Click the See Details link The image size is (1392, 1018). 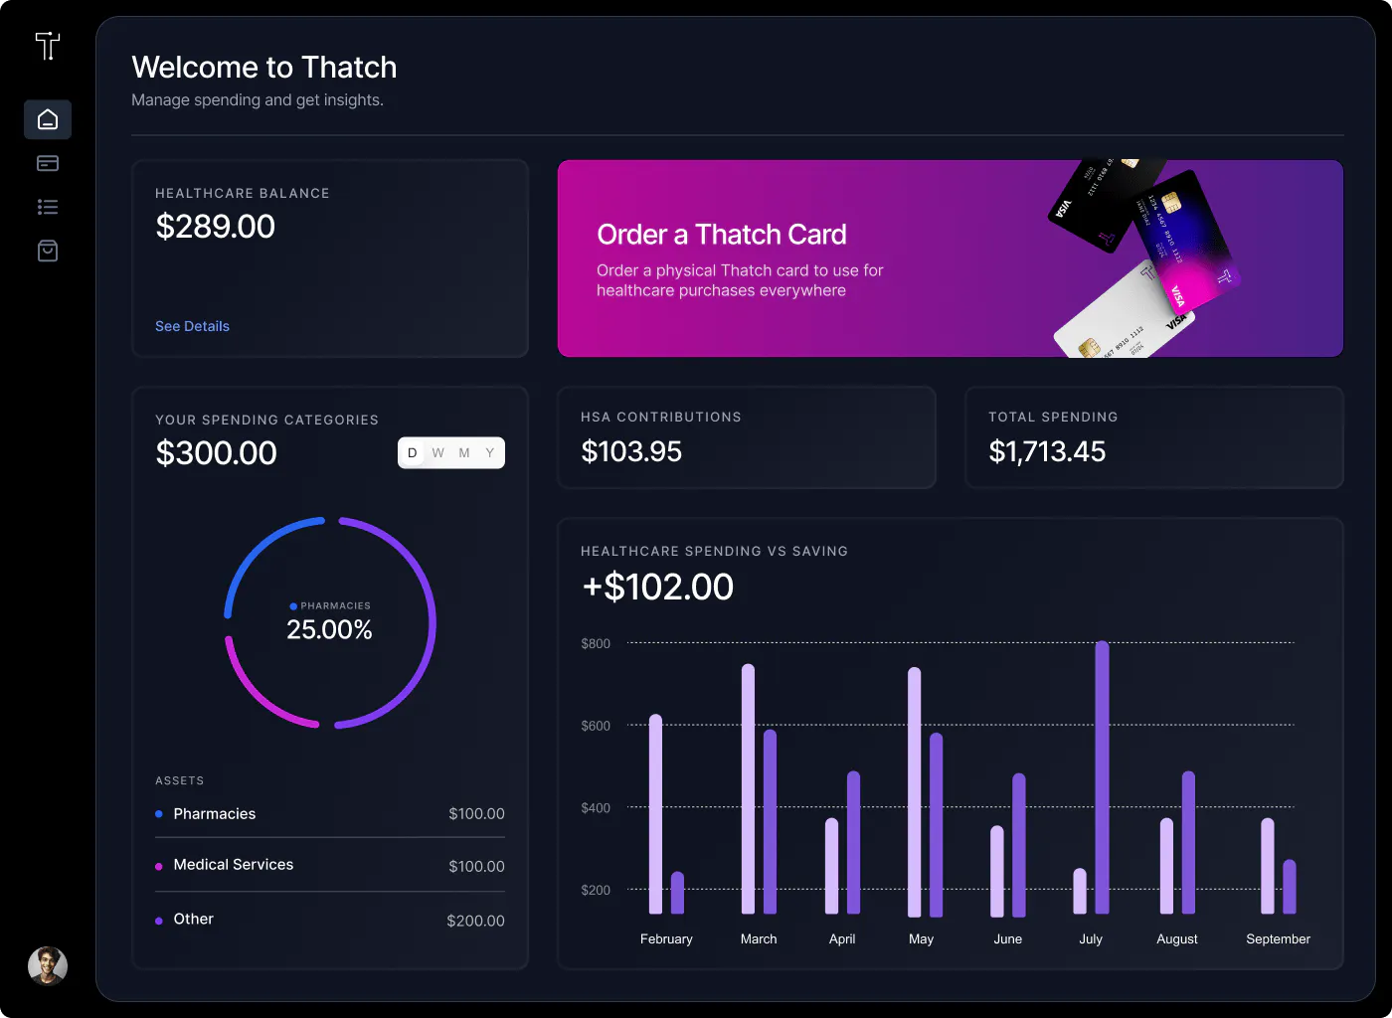192,326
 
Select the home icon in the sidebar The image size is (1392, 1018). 48,120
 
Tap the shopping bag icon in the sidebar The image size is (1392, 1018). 48,251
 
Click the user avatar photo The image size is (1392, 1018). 48,965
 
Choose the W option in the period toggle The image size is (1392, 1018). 438,453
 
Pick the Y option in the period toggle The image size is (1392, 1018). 490,453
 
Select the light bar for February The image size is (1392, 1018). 655,813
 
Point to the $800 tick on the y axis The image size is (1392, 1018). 596,644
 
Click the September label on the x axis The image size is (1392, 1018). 1278,938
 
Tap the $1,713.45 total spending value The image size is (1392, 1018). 1047,452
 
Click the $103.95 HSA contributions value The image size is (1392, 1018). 631,452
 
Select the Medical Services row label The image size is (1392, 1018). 234,865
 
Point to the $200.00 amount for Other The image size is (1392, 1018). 475,921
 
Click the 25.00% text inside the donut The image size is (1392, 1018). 329,630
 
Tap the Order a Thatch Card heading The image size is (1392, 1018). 722,235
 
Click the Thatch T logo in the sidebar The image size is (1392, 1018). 48,46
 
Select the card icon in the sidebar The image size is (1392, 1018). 48,163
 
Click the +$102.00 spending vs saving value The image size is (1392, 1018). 658,588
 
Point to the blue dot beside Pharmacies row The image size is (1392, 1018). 159,814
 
